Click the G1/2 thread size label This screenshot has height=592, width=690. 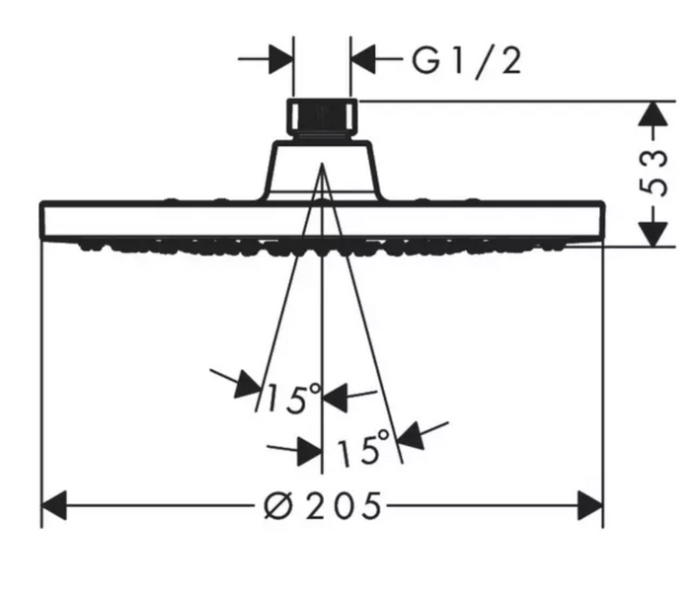(x=467, y=61)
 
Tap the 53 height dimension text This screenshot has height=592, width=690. (x=653, y=174)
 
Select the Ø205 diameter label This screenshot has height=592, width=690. (x=323, y=505)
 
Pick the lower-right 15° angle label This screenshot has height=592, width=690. (x=363, y=449)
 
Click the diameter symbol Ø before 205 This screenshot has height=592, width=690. (x=278, y=506)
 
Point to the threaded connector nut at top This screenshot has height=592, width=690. (x=322, y=118)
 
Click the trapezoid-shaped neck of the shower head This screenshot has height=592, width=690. (x=322, y=171)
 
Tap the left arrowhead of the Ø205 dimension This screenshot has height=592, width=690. (x=53, y=506)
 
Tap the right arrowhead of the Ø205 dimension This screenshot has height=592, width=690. (x=590, y=506)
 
